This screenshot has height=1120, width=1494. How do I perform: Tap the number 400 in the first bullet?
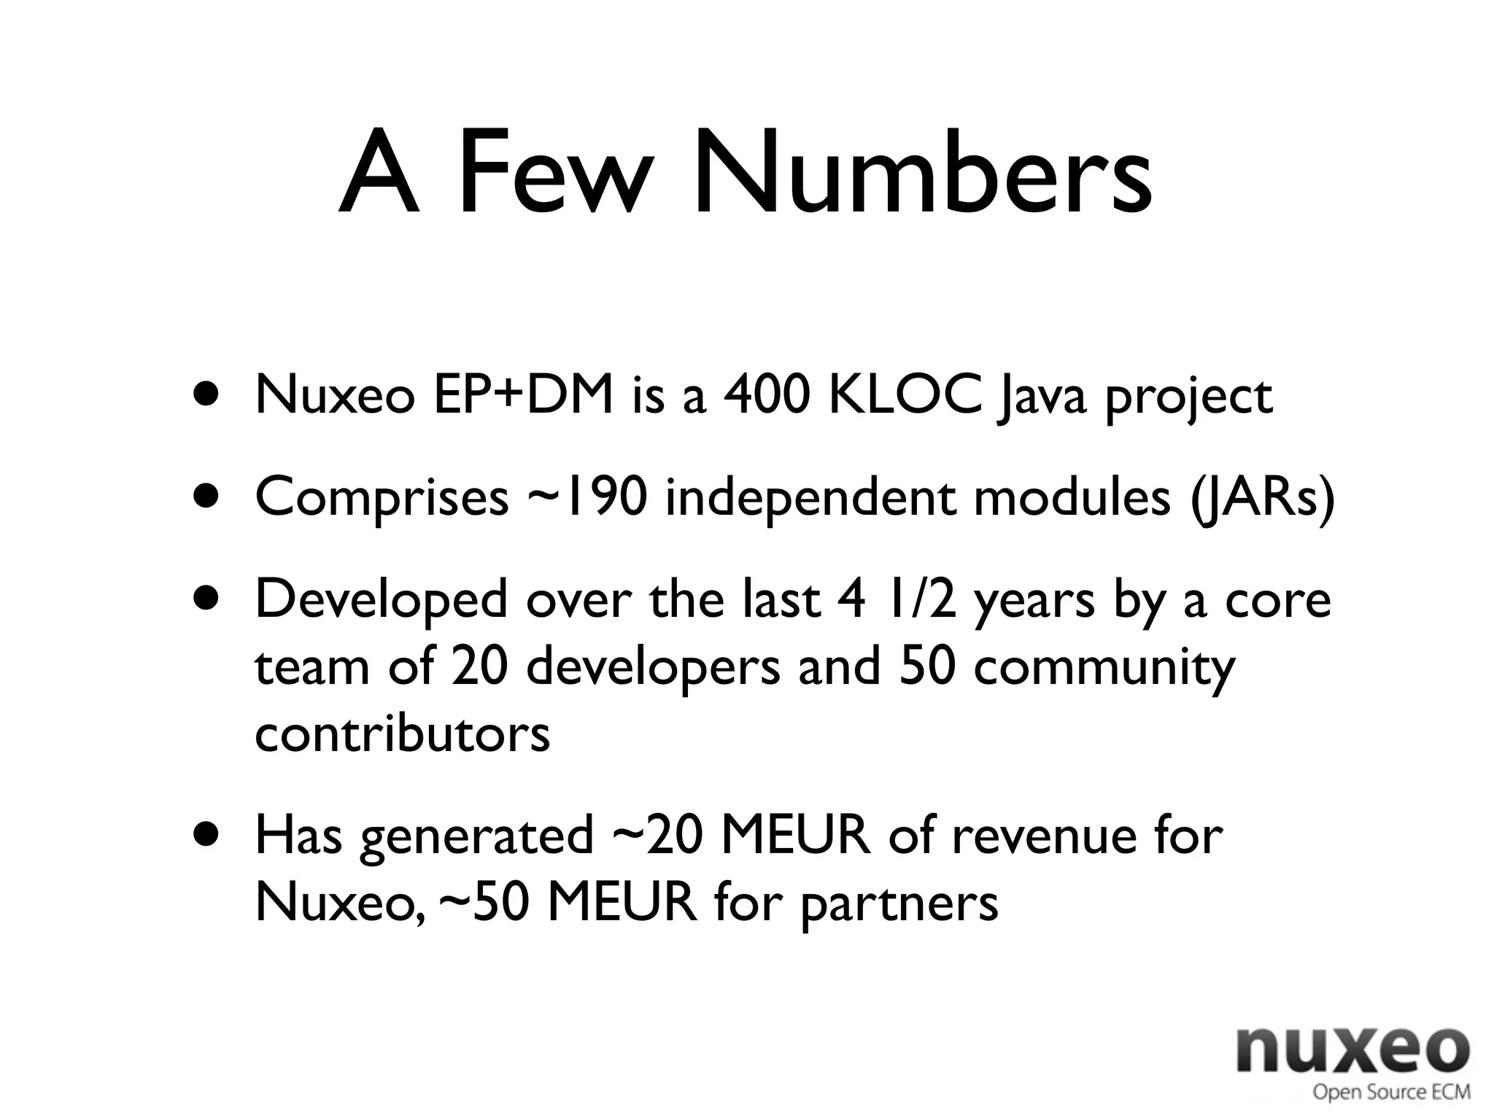coord(766,396)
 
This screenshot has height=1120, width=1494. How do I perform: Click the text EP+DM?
coord(523,396)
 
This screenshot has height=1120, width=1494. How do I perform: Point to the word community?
coord(1104,668)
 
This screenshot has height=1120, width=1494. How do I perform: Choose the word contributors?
coord(402,734)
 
